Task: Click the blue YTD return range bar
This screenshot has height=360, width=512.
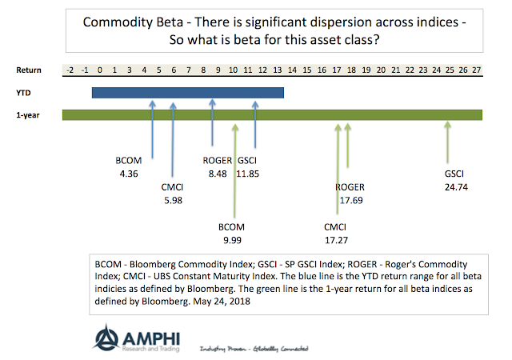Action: click(x=187, y=93)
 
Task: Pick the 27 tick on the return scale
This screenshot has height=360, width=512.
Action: click(x=477, y=70)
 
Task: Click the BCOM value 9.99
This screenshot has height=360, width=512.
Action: click(x=233, y=239)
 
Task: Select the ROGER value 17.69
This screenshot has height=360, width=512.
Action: click(x=350, y=200)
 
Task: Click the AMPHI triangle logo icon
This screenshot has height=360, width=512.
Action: click(x=106, y=337)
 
